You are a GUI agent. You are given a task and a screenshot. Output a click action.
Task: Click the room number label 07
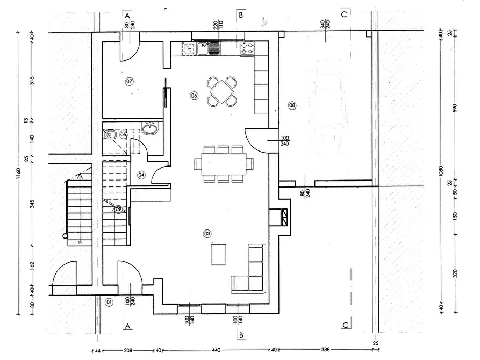(129, 81)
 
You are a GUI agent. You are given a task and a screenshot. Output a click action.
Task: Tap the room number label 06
(194, 95)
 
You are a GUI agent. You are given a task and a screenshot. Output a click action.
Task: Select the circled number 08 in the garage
(292, 105)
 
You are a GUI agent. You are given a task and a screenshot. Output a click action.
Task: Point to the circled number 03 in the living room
(207, 233)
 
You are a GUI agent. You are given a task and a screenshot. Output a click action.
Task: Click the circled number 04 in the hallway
(141, 175)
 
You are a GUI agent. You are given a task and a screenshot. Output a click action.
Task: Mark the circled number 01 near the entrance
(109, 302)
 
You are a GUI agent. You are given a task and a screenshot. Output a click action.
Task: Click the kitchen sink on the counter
(209, 49)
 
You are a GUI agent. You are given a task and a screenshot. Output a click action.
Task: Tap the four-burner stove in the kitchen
(248, 49)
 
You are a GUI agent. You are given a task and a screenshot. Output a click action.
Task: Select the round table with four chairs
(223, 91)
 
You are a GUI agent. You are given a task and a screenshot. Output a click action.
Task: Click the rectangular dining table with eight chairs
(223, 163)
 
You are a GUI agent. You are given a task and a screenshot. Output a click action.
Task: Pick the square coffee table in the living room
(219, 254)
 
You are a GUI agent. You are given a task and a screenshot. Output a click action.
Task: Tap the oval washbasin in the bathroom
(149, 128)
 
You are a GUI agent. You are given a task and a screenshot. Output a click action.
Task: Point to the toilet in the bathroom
(111, 134)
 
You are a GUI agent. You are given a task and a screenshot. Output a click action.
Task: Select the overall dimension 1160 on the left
(19, 175)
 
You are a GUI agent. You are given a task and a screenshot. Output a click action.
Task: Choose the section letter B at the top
(241, 15)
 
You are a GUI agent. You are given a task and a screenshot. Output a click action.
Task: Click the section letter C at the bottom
(344, 325)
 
